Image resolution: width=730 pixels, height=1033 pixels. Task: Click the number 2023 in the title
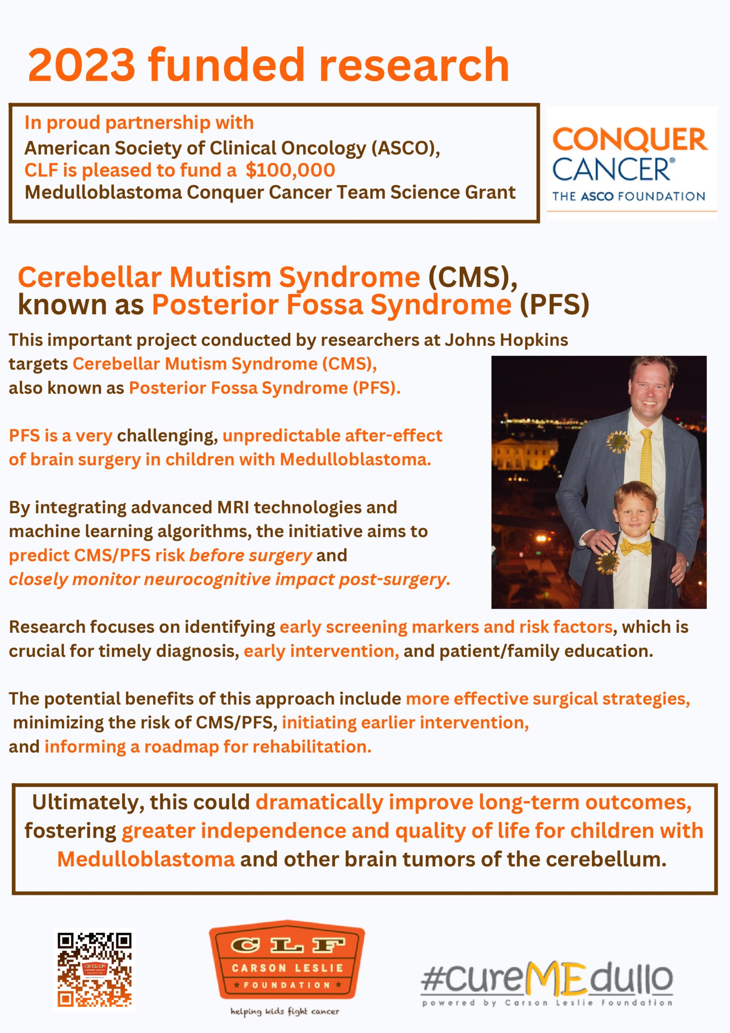point(81,65)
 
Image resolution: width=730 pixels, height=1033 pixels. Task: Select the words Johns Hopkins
point(506,340)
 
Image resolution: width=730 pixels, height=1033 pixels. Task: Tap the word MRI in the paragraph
point(233,508)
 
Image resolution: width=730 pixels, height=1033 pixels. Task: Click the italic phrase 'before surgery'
point(250,556)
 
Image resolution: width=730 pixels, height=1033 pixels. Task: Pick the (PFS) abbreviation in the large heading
point(554,305)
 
